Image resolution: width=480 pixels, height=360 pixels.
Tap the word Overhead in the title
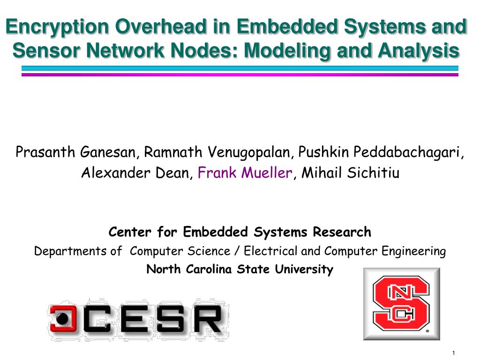coord(161,26)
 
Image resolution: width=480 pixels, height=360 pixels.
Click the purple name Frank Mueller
coord(245,172)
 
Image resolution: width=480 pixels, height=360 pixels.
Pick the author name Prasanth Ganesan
coord(75,152)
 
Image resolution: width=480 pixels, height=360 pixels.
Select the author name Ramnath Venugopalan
coord(217,153)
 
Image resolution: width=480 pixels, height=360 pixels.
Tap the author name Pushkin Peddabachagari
coord(379,153)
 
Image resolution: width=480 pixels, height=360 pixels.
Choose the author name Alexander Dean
coord(135,172)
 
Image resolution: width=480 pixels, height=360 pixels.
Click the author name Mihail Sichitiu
coord(351,172)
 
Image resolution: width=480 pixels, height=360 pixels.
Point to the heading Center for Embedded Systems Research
coord(240,232)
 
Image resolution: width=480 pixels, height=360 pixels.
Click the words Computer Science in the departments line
coord(180,251)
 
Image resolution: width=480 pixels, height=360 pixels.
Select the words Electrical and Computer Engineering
coord(345,252)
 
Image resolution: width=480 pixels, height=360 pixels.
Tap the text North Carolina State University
coord(240,270)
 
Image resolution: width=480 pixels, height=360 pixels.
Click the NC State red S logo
coord(401,304)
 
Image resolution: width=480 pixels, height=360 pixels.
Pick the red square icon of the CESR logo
coord(63,318)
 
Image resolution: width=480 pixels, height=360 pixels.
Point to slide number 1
coord(453,353)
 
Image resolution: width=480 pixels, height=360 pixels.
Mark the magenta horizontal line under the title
coord(240,75)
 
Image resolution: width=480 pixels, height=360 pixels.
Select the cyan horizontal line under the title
coord(240,68)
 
